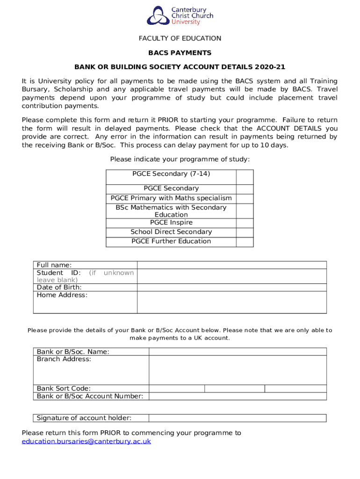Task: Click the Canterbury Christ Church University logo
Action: coord(180,15)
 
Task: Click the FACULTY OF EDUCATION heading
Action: coord(180,38)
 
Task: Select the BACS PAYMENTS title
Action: coord(180,53)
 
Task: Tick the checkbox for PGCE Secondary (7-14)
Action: coord(245,177)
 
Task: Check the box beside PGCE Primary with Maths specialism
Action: coord(245,198)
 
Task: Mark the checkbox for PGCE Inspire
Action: coord(245,223)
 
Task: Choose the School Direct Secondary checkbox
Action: coord(245,232)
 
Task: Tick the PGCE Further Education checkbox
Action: coord(245,242)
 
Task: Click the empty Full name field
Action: coord(231,265)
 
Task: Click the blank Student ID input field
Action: coord(231,276)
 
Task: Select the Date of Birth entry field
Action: coord(231,287)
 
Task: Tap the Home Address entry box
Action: coord(231,302)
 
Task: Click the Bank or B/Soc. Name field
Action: coord(238,352)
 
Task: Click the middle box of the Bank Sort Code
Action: coord(235,388)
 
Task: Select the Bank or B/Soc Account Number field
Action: coord(238,396)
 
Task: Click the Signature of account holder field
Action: coord(238,418)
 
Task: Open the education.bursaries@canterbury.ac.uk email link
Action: coord(86,441)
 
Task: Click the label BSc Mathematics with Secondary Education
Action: coord(171,211)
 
